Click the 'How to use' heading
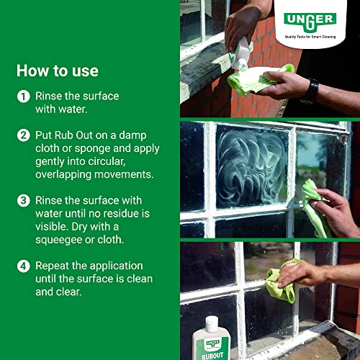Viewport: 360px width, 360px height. (x=58, y=71)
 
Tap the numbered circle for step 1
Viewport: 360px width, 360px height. (x=23, y=96)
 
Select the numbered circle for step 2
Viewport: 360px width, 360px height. (x=23, y=135)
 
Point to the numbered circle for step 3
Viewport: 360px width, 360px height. (x=23, y=201)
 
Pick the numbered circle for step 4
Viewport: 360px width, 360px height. (x=23, y=266)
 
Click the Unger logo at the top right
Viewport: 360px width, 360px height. (x=310, y=22)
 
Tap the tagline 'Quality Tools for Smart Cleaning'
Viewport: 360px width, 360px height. (x=310, y=37)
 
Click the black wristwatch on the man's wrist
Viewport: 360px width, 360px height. (x=311, y=91)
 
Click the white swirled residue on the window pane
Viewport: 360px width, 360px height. (x=251, y=168)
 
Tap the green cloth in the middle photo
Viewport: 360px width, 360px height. (x=313, y=207)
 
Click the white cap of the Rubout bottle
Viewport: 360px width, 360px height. (x=212, y=323)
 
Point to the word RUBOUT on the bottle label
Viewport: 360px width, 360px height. (x=212, y=356)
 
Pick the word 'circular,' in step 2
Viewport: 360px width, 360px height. (x=107, y=161)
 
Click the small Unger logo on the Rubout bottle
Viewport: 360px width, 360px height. (x=212, y=343)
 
